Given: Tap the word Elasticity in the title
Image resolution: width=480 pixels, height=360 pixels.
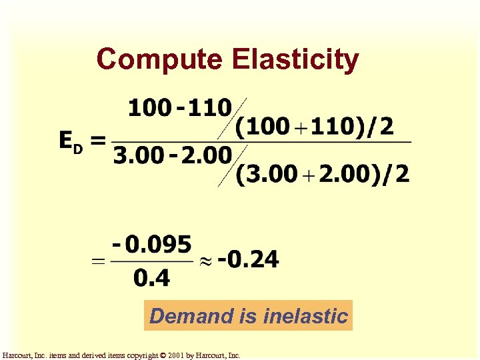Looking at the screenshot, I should click(x=295, y=59).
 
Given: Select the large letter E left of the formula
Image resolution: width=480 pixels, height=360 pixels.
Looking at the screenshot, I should click(x=67, y=141).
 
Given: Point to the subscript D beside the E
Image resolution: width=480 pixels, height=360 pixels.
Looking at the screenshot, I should click(x=78, y=149).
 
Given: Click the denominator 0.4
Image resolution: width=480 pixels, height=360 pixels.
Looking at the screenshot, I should click(x=151, y=277).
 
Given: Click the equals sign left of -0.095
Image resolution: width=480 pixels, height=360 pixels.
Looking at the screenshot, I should click(x=98, y=263).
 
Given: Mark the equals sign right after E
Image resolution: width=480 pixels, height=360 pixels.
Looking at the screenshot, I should click(x=98, y=141).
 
